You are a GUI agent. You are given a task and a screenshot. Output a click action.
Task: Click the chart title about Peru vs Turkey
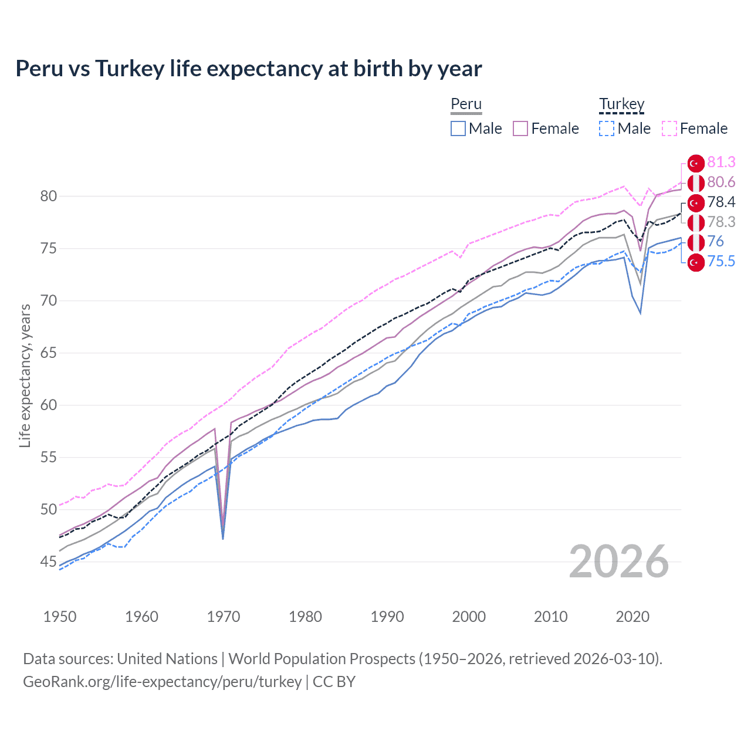click(249, 69)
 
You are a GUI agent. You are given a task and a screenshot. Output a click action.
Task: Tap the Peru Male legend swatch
click(458, 128)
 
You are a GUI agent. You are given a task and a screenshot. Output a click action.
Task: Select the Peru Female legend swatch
click(520, 128)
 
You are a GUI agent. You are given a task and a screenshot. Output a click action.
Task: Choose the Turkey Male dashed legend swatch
click(607, 128)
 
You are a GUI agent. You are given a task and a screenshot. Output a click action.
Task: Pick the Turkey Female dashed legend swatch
click(669, 128)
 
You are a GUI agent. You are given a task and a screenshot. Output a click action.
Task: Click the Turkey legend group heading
click(621, 104)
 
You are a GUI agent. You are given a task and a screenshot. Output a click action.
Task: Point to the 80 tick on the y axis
click(49, 196)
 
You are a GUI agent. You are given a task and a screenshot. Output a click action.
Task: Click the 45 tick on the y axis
click(49, 561)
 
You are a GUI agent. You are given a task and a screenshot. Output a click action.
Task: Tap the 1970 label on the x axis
click(224, 617)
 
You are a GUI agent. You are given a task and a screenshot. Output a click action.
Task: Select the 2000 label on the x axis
click(469, 617)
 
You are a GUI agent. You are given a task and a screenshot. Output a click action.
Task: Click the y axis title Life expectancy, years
click(25, 375)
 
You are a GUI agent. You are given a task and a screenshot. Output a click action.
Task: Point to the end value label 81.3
click(721, 163)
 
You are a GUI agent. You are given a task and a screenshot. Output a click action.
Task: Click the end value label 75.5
click(721, 261)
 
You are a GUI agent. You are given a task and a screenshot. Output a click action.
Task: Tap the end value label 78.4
click(721, 202)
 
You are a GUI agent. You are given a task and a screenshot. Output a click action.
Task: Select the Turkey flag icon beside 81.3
click(696, 163)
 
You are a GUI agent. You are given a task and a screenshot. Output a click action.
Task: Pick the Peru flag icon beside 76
click(696, 242)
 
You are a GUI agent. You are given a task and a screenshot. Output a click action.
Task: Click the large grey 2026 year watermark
click(619, 561)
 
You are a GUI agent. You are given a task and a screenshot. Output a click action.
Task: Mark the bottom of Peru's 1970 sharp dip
click(223, 538)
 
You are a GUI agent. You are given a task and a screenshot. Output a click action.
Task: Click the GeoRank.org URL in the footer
click(162, 682)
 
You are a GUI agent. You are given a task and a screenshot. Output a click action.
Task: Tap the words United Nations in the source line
click(167, 659)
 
